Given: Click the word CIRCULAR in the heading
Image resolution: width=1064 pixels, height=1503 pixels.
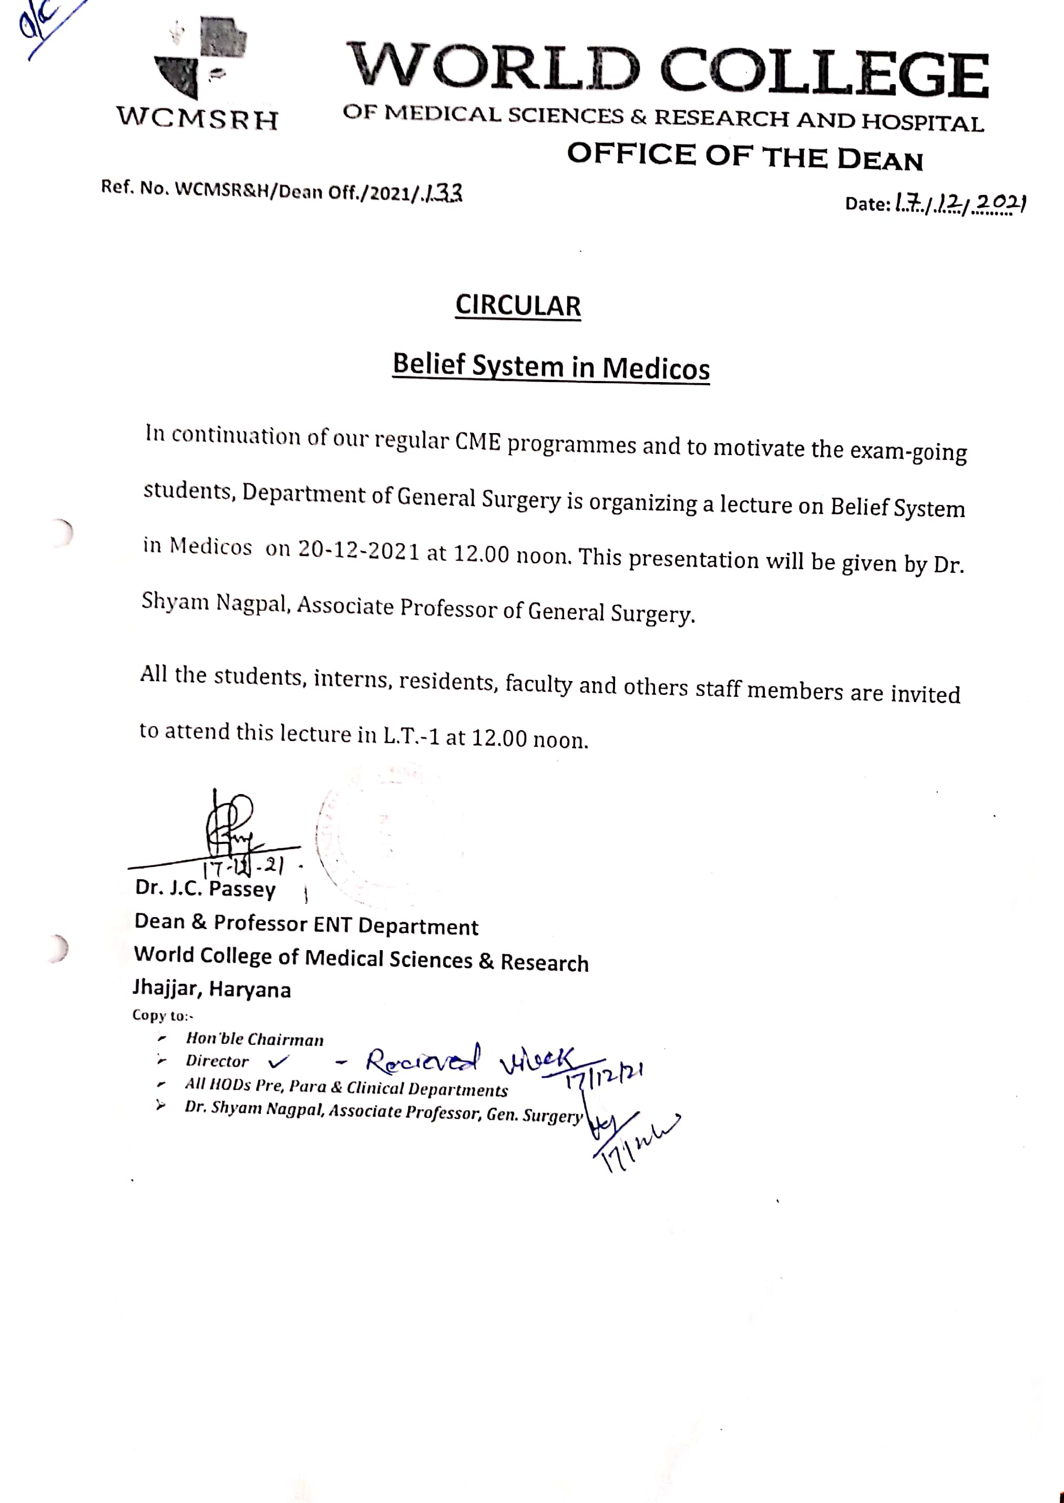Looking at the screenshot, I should [x=518, y=306].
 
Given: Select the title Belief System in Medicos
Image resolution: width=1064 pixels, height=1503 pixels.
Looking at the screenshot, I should [x=550, y=367].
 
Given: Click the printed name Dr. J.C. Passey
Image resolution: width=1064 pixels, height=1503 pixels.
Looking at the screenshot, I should [x=205, y=889].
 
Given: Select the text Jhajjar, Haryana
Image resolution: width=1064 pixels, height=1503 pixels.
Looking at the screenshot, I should [x=211, y=988].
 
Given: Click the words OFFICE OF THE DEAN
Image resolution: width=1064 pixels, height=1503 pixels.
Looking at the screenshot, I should [x=744, y=157].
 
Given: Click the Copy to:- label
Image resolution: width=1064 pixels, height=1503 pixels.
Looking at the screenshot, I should [x=162, y=1015].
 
